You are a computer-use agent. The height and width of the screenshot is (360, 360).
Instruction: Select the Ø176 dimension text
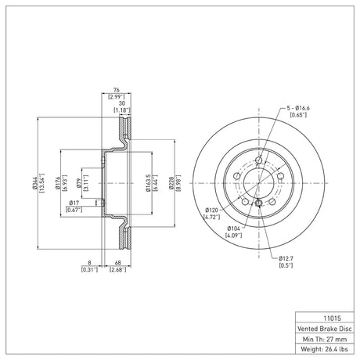tap(57, 182)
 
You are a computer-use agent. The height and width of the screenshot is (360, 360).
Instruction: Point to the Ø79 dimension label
tap(79, 183)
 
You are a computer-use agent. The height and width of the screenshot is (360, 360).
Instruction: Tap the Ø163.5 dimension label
tap(148, 183)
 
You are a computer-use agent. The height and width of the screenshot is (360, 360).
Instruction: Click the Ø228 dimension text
tap(171, 183)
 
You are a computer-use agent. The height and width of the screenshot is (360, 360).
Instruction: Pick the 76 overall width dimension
tap(117, 90)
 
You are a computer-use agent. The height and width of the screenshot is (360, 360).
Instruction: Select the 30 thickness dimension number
tap(122, 103)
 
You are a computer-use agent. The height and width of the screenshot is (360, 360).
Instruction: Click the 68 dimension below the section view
tap(118, 263)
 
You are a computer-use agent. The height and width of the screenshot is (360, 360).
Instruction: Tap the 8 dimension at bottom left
tap(89, 263)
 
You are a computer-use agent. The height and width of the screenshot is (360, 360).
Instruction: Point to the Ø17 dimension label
tap(74, 203)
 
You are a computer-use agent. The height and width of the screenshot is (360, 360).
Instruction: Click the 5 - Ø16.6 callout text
tap(298, 108)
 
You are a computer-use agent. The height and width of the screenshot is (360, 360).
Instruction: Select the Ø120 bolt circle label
tap(211, 210)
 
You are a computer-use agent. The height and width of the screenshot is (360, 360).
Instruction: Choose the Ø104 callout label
tap(233, 229)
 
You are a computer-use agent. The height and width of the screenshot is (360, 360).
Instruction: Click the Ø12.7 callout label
tap(286, 258)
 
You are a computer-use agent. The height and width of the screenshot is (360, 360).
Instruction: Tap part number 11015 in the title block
tap(332, 319)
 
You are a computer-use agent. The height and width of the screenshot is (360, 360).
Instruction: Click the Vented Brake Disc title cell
tap(325, 329)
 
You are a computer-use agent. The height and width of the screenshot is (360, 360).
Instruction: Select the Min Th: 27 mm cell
tap(325, 339)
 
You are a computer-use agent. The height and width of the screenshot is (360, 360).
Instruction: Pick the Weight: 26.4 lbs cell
tap(325, 349)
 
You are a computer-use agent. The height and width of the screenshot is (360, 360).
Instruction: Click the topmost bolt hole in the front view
tap(259, 160)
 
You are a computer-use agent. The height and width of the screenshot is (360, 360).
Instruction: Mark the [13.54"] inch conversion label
tap(41, 183)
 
